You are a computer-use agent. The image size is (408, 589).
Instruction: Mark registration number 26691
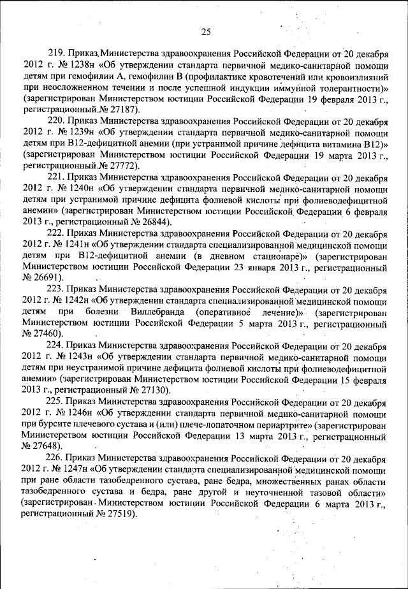(x=47, y=279)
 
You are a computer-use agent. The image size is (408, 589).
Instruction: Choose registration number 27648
(x=47, y=447)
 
